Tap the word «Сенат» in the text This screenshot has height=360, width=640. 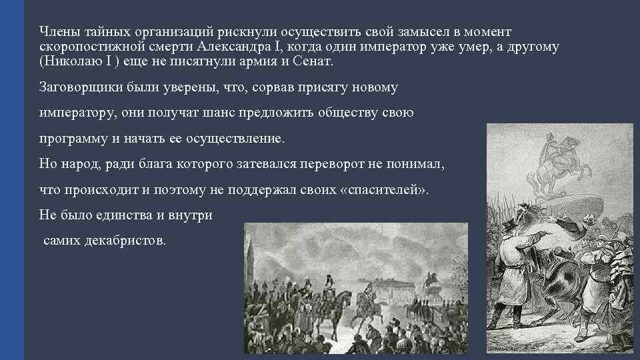click(313, 61)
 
